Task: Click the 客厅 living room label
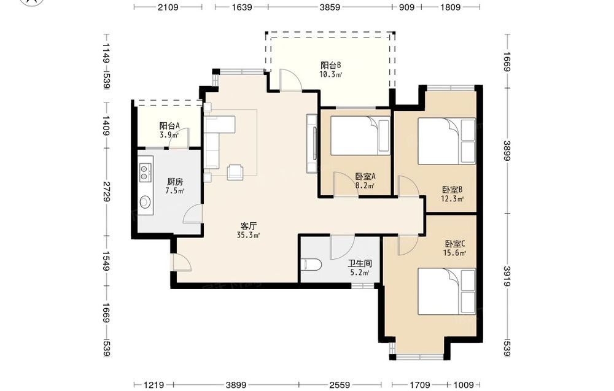(x=248, y=226)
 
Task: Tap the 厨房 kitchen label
(x=174, y=182)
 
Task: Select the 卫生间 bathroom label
(x=359, y=264)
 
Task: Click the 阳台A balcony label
(x=169, y=126)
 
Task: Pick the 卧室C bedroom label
(x=454, y=244)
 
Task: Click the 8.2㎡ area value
(x=365, y=185)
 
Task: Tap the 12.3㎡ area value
(x=453, y=199)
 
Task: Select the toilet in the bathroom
(x=312, y=265)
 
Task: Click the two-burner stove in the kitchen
(x=144, y=172)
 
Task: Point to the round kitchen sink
(x=146, y=202)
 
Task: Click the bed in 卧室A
(x=360, y=136)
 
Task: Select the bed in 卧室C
(x=447, y=291)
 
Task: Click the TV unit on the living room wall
(x=312, y=144)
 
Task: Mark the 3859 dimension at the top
(x=330, y=7)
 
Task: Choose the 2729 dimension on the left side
(x=106, y=192)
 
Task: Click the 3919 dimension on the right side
(x=507, y=276)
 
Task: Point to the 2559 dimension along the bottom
(x=340, y=385)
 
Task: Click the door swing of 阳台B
(x=290, y=80)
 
